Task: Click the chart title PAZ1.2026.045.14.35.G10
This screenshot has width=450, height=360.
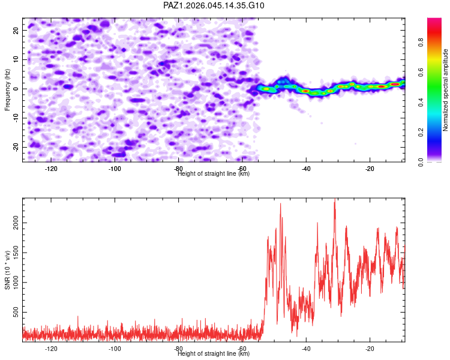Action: tap(214, 5)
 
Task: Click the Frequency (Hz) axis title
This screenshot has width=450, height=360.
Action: tap(7, 89)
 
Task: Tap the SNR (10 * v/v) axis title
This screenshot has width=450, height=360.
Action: tap(7, 270)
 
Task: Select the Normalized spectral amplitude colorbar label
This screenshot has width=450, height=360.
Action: tap(445, 90)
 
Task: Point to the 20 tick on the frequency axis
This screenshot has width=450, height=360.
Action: tap(16, 30)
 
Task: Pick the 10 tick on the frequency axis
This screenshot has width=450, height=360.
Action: tap(16, 59)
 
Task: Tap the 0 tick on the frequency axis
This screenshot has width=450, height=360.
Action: tap(17, 89)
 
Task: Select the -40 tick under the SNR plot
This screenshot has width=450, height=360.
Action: tap(306, 349)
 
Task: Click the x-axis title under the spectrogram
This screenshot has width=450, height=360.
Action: tap(214, 174)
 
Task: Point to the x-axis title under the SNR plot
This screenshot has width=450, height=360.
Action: tap(214, 354)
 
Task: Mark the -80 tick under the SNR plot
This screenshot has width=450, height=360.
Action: tap(178, 349)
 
